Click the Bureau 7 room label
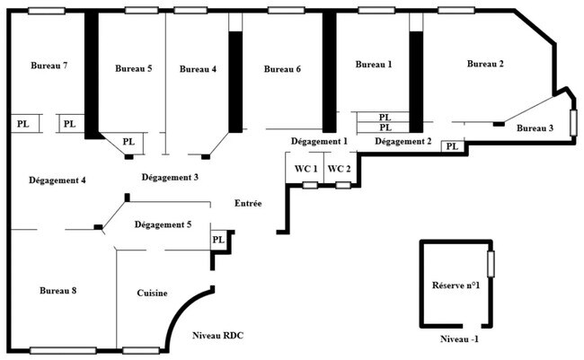(49, 66)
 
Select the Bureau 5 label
(133, 69)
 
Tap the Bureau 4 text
(198, 69)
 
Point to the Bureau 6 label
(282, 69)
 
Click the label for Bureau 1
(374, 65)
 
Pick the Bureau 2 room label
(485, 64)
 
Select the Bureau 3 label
(535, 128)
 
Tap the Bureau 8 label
(58, 291)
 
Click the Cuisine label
(152, 294)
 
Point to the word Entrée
(248, 204)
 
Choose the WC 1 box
(305, 169)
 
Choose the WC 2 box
(338, 169)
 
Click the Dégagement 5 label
(163, 224)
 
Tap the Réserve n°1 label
(455, 285)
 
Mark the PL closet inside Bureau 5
(128, 142)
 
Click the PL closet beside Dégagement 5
(218, 240)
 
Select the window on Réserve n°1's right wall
(491, 264)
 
